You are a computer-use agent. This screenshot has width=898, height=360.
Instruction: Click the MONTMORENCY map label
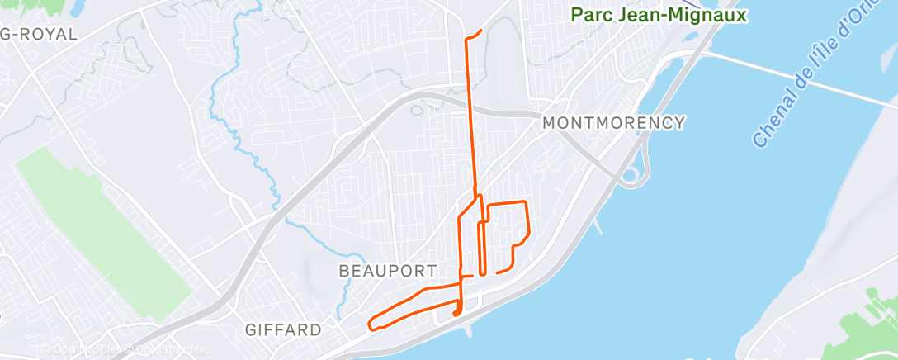[x=613, y=123]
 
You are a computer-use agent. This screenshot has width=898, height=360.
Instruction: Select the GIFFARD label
[x=283, y=330]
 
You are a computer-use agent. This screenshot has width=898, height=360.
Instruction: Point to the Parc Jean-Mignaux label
[x=659, y=15]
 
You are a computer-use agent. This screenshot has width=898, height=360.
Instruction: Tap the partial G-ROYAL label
[x=39, y=35]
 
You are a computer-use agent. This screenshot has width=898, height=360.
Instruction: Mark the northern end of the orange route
[x=480, y=31]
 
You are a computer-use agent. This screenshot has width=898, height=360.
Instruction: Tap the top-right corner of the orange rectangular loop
[x=525, y=202]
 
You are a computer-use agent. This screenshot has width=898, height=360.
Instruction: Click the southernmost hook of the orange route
[x=456, y=314]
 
